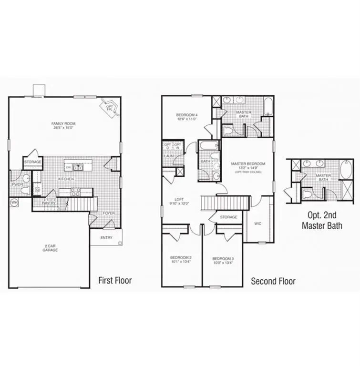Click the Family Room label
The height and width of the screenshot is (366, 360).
(x=63, y=124)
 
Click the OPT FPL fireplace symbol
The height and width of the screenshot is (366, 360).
(x=110, y=107)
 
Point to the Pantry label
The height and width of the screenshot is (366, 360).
(x=49, y=203)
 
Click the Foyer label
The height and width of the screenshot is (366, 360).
(x=109, y=213)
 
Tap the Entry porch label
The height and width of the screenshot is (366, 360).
(x=106, y=237)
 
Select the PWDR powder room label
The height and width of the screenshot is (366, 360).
(x=18, y=184)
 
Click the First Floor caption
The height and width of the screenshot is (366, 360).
(x=114, y=280)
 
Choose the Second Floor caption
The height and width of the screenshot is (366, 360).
(x=273, y=281)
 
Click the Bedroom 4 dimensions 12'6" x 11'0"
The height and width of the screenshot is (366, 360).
(x=186, y=120)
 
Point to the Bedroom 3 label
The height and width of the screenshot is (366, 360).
(x=223, y=259)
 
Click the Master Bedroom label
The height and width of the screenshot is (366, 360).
(x=247, y=164)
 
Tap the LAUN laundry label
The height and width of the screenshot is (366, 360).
(x=168, y=156)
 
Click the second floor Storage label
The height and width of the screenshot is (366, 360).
(x=228, y=217)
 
